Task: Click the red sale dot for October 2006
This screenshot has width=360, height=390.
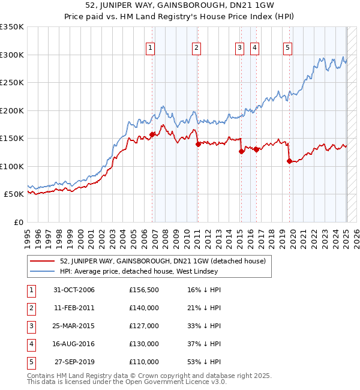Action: pos(152,134)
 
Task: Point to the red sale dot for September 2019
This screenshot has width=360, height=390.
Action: pos(289,161)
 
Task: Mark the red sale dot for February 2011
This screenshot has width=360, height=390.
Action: pos(197,144)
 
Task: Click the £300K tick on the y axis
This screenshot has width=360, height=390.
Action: pos(12,55)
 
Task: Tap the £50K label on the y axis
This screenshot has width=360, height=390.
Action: pos(14,194)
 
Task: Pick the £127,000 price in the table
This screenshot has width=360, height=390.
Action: pos(144,326)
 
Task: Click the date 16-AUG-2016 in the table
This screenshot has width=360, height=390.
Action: pos(74,344)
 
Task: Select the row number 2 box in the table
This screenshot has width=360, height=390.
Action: pos(30,308)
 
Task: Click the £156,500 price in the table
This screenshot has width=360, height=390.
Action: pos(144,290)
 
